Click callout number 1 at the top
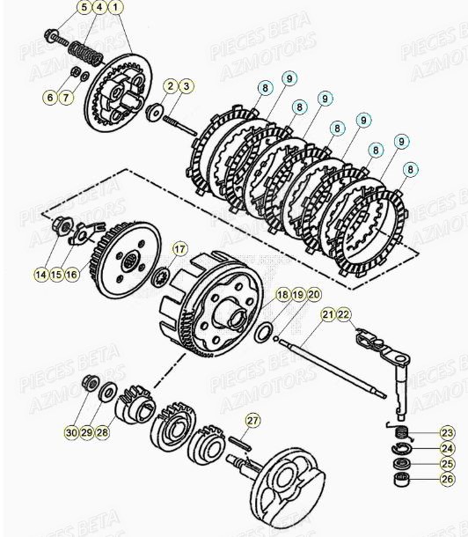pos(117,8)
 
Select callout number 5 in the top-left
pos(84,8)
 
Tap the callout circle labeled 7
pos(66,97)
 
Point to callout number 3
pos(186,85)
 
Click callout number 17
pos(179,249)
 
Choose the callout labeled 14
pos(40,275)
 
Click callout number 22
pos(343,314)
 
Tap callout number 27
pos(252,421)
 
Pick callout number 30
pos(71,431)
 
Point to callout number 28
pos(103,431)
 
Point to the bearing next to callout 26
pos(402,481)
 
